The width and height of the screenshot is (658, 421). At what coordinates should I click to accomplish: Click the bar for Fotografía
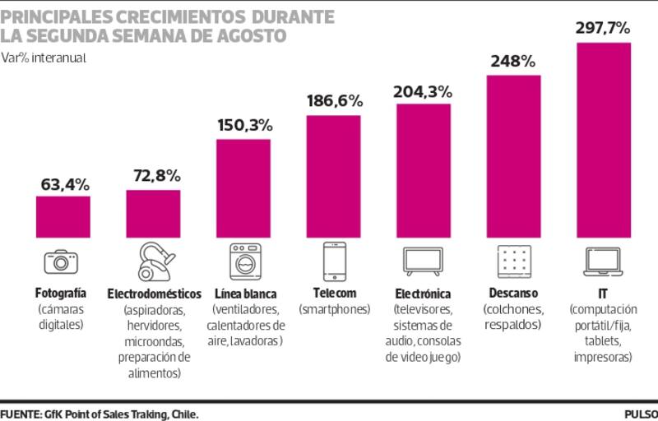click(63, 215)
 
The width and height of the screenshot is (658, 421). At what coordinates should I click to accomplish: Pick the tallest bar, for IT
click(604, 138)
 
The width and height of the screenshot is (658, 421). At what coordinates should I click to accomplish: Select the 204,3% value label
click(424, 90)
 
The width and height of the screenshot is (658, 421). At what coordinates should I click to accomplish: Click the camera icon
click(61, 261)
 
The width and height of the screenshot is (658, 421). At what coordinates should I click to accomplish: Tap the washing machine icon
click(244, 261)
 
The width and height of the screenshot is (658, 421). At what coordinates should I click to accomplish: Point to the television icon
click(423, 260)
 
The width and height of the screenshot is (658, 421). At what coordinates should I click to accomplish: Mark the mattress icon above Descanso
click(513, 261)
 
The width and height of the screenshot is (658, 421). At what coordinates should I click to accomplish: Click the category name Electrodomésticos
click(155, 294)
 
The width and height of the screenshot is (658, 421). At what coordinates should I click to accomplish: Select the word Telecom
click(334, 293)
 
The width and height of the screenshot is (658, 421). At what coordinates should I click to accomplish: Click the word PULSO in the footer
click(640, 413)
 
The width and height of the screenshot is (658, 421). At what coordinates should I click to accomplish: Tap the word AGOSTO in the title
click(252, 36)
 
